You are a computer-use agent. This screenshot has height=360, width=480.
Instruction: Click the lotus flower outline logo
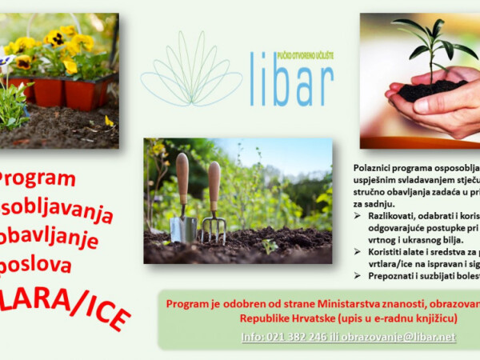pos(190,73)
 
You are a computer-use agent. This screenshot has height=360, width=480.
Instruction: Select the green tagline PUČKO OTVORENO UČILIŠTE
pos(303,55)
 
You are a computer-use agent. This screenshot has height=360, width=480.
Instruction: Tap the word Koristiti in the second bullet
pos(389,250)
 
